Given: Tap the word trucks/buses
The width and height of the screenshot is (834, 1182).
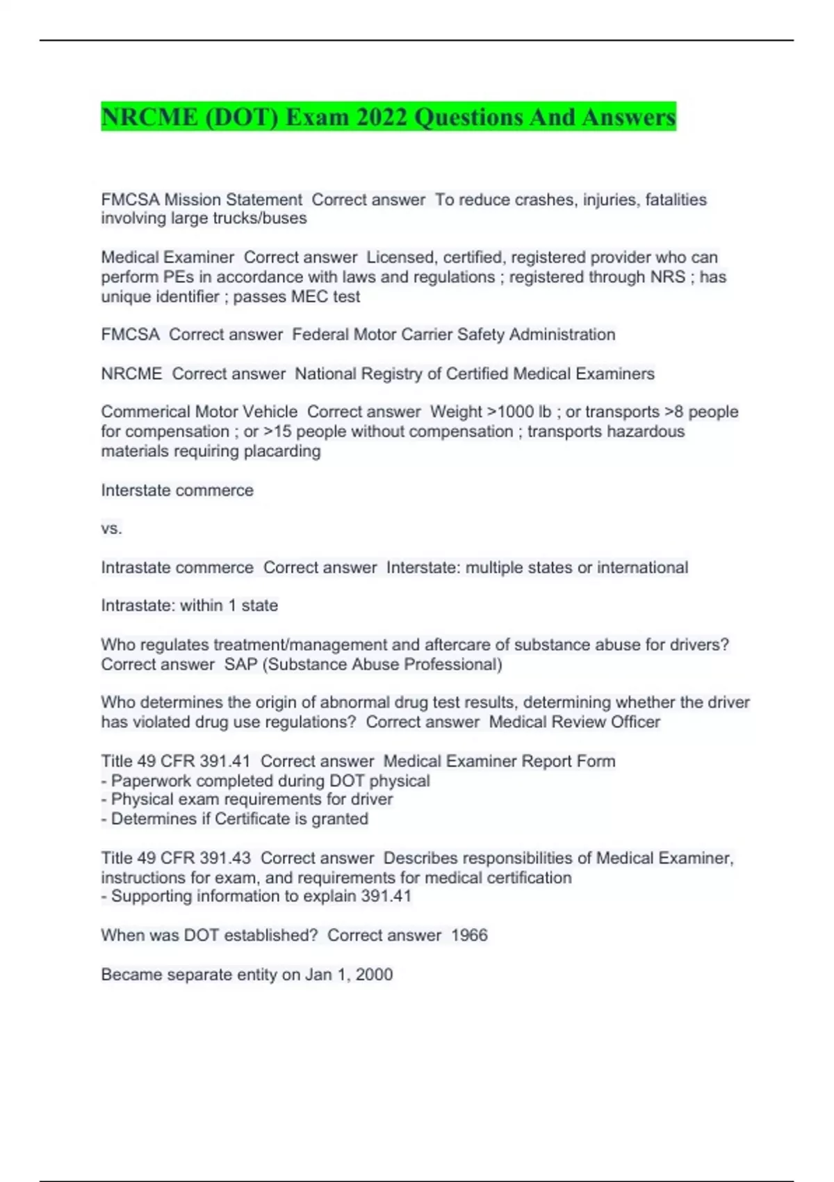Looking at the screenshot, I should [268, 218].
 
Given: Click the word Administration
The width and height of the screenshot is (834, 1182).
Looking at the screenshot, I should [562, 334].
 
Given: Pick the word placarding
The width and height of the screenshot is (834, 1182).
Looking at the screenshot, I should [281, 451].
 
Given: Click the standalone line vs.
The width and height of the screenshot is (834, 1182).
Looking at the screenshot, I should [111, 528].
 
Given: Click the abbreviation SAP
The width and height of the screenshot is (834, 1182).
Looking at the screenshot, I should [240, 664].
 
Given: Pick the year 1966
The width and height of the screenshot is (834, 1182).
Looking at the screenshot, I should [469, 935].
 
